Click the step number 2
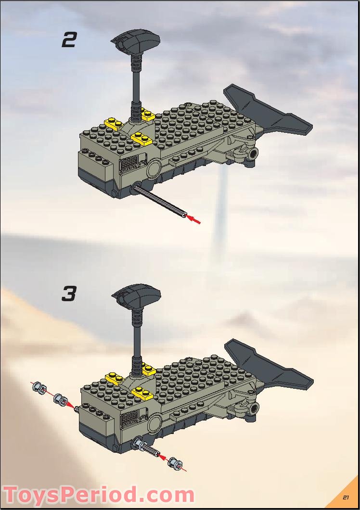coord(69,40)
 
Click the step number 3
coord(69,294)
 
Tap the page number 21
coord(346,497)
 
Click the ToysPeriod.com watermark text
coord(99,495)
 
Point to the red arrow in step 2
coord(193,219)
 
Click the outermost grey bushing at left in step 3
coord(39,388)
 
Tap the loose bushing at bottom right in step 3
coord(174,463)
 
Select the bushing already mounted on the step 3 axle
coord(140,445)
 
